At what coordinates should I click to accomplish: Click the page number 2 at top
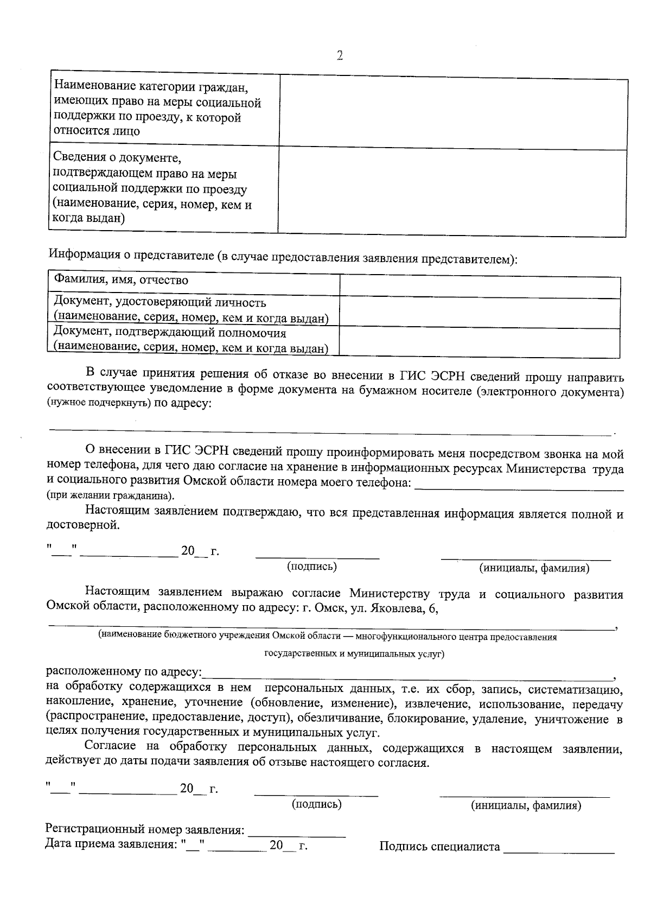click(340, 55)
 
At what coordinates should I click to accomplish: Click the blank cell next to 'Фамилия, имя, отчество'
click(480, 286)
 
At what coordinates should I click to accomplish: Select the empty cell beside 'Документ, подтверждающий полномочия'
click(480, 342)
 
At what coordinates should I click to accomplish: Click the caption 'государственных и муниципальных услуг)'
click(354, 654)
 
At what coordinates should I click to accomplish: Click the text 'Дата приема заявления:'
click(112, 844)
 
